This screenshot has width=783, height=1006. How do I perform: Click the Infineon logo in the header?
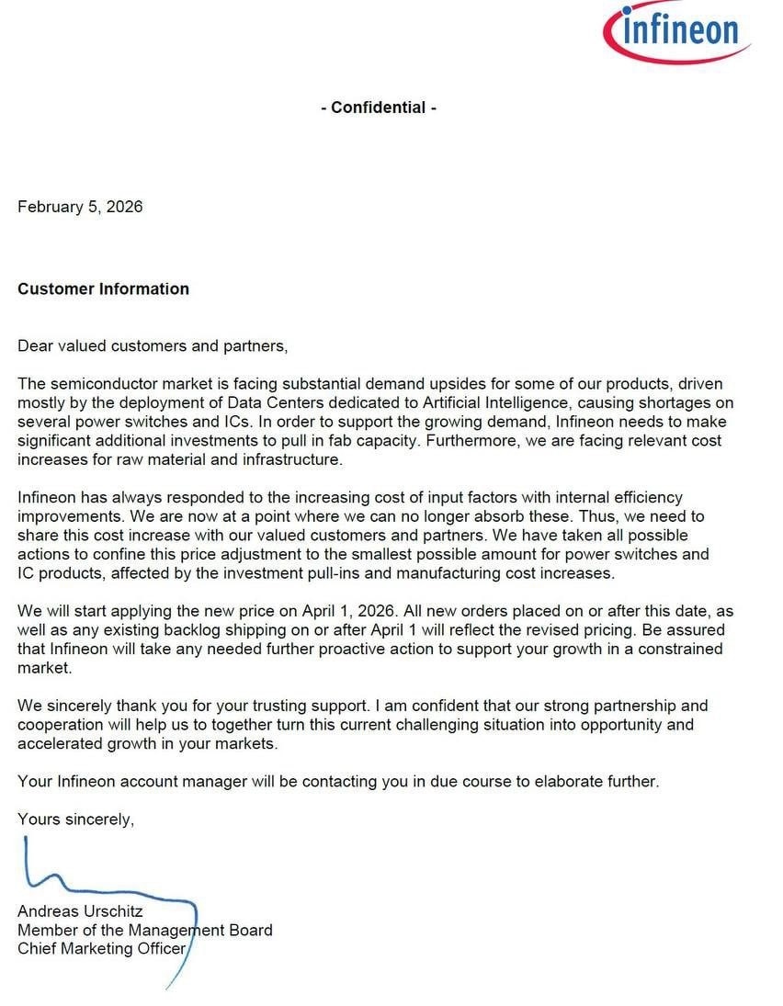(x=677, y=32)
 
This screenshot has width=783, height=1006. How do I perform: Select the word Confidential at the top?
(x=378, y=107)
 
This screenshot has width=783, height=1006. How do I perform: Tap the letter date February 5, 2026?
(x=80, y=207)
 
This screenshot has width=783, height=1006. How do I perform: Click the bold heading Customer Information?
(x=103, y=288)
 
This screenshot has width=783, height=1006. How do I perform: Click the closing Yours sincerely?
(x=75, y=819)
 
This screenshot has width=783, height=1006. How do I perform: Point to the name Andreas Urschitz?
(x=80, y=911)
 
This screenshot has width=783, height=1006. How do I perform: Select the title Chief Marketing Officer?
(x=101, y=949)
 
